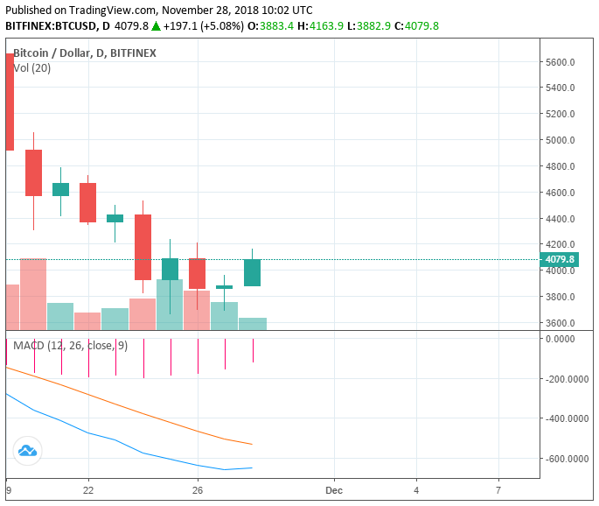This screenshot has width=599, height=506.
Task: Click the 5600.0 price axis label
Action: point(559,62)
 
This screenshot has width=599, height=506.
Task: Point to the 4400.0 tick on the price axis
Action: point(559,219)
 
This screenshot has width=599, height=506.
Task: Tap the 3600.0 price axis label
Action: point(559,323)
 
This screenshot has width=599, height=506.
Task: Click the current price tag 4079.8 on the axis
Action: point(559,259)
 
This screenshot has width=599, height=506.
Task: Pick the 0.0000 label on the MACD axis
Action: point(568,339)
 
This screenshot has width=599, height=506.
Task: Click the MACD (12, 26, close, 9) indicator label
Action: point(70,346)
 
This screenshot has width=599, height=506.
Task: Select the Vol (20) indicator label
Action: point(31,68)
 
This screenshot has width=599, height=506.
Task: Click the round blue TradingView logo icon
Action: point(26,451)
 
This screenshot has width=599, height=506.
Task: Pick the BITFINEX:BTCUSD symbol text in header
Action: point(50,26)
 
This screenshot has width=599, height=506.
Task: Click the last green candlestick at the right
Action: point(252,272)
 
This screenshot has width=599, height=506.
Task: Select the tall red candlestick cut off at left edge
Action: point(9,102)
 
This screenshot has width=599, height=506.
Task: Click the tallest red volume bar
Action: point(33,294)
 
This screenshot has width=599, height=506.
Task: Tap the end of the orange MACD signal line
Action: point(252,444)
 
